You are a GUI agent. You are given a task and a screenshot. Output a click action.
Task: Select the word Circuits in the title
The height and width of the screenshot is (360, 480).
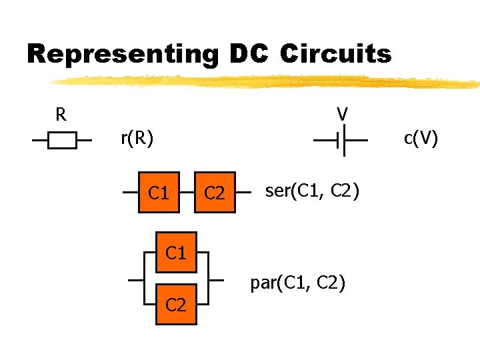pos(335,54)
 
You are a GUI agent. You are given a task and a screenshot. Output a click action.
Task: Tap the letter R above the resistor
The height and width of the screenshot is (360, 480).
pos(61,115)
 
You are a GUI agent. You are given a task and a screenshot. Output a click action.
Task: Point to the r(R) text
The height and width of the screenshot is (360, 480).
pos(137,139)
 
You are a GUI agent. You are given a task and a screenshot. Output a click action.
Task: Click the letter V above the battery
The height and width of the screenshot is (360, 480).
pos(342,115)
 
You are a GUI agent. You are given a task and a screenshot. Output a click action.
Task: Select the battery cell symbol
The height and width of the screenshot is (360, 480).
pos(340,141)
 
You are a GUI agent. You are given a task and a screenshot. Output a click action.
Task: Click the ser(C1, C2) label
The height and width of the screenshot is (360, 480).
pos(312,192)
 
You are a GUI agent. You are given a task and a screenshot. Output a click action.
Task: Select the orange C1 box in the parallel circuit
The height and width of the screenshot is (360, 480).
pos(175,253)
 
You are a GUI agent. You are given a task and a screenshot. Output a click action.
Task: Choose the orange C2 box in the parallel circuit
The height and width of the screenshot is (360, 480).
pos(176,305)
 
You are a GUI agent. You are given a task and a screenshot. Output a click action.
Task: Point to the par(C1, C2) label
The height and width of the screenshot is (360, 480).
pos(297,283)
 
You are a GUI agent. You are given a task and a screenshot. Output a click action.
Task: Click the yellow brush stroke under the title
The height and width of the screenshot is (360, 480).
pos(267,82)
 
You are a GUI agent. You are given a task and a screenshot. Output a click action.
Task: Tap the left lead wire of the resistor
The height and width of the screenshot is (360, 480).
pos(41,141)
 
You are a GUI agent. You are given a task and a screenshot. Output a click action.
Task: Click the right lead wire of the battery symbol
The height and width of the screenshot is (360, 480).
pos(356,141)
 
